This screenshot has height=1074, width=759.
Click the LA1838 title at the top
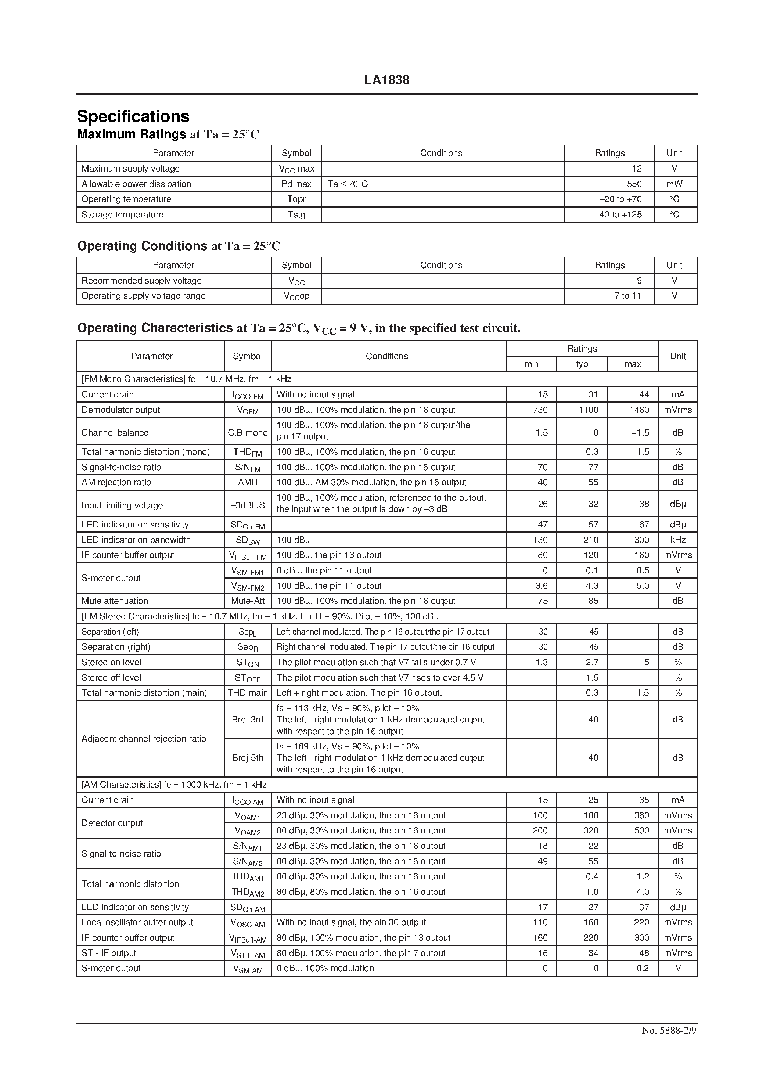coord(386,80)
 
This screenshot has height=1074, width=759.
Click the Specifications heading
coord(133,116)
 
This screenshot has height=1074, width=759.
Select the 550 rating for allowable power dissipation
coord(634,184)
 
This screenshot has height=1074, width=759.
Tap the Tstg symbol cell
coord(296,215)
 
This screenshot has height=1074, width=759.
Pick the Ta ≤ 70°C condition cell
coord(348,184)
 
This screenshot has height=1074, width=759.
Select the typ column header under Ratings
coord(582,364)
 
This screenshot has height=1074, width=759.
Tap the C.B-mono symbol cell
coord(248,433)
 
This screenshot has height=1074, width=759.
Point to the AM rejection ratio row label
coord(116,482)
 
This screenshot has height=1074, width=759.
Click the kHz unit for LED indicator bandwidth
coord(677,540)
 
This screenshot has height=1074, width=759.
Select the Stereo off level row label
coord(111,677)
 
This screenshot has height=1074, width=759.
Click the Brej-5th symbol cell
coord(248,758)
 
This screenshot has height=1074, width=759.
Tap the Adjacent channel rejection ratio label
coord(144,739)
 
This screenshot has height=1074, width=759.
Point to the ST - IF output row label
coord(109,953)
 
